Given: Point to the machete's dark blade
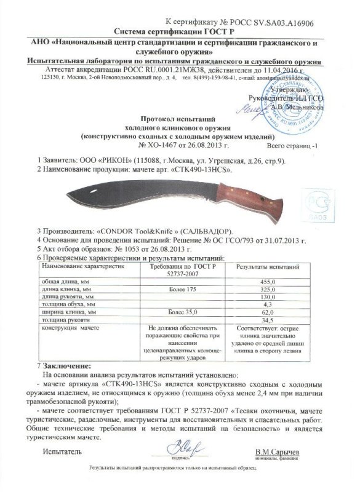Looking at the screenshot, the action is coord(123,193).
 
